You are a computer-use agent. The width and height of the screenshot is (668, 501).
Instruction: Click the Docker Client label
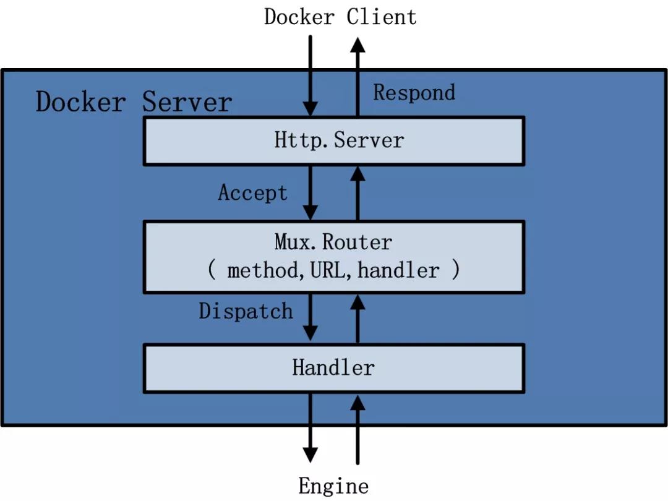pos(340,17)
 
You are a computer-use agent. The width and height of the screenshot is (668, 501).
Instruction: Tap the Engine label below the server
pos(333,486)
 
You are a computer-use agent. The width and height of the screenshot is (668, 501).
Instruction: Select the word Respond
pos(414,93)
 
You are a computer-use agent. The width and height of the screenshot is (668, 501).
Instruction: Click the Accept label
pos(252,192)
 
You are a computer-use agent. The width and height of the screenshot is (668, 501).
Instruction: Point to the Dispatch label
pos(246,310)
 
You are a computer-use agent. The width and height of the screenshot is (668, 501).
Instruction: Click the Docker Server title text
pos(134,102)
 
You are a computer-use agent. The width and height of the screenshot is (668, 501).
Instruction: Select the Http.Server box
pos(334,141)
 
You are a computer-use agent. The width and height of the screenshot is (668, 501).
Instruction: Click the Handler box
pos(334,369)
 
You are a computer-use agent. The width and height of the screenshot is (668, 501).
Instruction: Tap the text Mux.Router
pos(333,242)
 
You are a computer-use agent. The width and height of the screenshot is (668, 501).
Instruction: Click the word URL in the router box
pos(328,270)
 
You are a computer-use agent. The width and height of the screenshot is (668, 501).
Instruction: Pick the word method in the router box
pos(263,270)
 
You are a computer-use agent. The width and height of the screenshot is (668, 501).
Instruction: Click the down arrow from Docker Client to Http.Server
pos(310,76)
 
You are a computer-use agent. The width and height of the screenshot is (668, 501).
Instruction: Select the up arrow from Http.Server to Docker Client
pos(358,77)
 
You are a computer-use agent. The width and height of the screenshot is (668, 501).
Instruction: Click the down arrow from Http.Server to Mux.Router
pos(310,193)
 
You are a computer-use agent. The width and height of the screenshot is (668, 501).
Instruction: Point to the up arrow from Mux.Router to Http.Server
pos(358,193)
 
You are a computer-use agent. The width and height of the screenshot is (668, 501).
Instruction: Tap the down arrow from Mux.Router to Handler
pos(310,317)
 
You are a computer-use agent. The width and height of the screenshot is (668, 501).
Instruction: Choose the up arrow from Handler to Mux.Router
pos(358,319)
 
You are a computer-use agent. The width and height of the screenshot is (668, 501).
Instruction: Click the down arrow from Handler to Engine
pos(310,428)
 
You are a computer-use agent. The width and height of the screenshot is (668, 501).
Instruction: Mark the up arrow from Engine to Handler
pos(358,430)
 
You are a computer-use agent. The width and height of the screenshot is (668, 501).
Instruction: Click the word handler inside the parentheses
pos(398,270)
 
